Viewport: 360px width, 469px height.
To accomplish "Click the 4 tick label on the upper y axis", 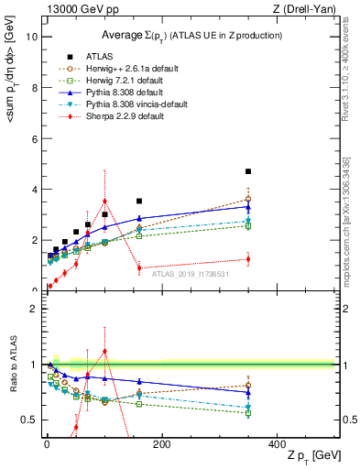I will pyautogui.click(x=34, y=190).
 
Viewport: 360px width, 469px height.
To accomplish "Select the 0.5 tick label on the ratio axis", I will pyautogui.click(x=28, y=420).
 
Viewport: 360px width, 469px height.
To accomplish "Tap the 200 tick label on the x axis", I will pyautogui.click(x=161, y=444).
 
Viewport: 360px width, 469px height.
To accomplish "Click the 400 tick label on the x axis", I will pyautogui.click(x=276, y=444).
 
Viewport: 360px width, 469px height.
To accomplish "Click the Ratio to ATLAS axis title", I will pyautogui.click(x=11, y=387).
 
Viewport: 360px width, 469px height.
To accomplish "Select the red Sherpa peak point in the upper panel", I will pyautogui.click(x=105, y=201).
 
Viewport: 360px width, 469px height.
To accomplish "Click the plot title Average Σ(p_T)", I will pyautogui.click(x=190, y=34).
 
